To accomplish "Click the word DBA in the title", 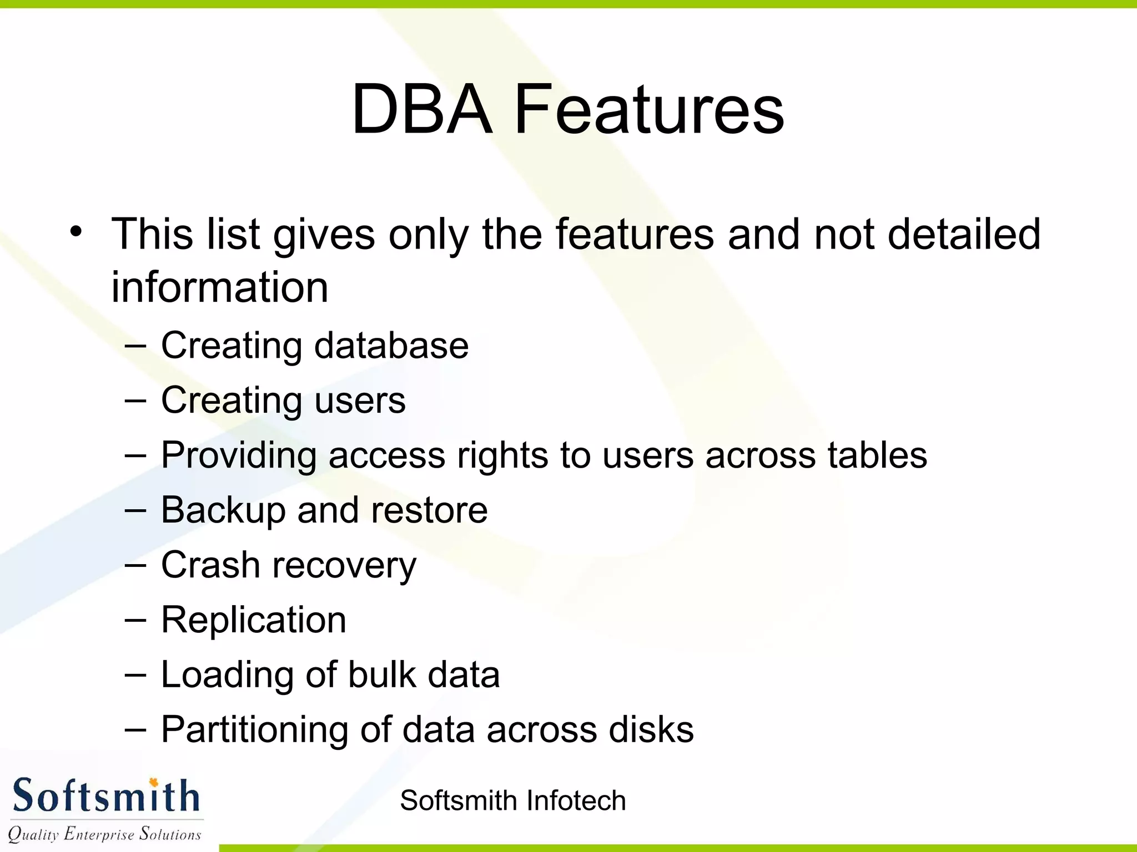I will [422, 109].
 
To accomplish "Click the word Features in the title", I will [649, 109].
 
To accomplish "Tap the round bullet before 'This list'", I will [76, 231].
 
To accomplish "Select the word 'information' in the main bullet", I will [220, 287].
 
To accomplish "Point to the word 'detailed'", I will [964, 234].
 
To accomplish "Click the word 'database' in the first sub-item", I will [391, 346].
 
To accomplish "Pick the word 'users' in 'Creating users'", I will [360, 400].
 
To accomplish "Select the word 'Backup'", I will [223, 510].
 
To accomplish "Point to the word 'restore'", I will [429, 510].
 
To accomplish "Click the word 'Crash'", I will [210, 565].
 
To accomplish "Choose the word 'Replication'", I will [254, 620].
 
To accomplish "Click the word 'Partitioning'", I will [254, 729].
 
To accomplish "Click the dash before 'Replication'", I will [135, 620].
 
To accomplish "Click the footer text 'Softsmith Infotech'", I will [512, 800].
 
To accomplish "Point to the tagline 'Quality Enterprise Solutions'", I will [104, 834].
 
